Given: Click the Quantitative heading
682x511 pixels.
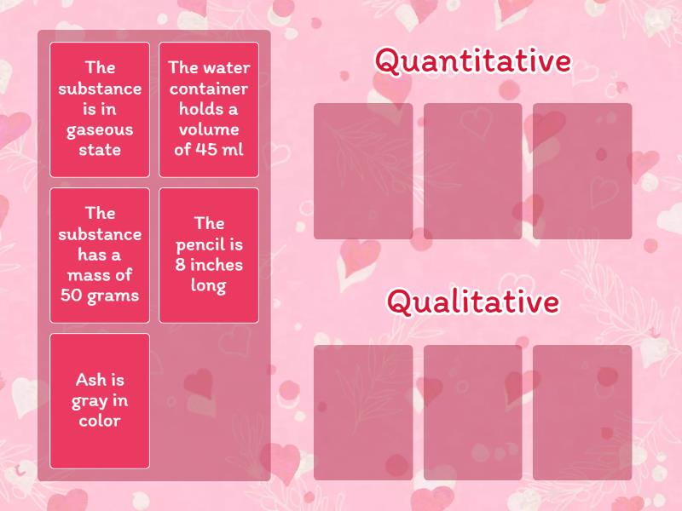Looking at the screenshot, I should tap(472, 62).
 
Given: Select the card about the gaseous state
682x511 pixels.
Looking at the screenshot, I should tap(100, 109).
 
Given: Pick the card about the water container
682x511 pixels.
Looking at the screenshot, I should tap(209, 109).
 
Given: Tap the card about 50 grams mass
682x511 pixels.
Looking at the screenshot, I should tap(100, 255).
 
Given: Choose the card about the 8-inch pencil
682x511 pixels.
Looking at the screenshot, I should tap(209, 255).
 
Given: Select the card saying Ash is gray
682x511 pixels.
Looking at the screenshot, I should tap(100, 400).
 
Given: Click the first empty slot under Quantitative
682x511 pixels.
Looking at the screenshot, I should tap(363, 171).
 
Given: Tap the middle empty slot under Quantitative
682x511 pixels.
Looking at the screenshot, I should tap(472, 171).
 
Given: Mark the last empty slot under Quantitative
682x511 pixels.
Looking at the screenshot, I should tap(582, 171).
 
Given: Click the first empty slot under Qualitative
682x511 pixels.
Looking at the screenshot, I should tap(363, 412).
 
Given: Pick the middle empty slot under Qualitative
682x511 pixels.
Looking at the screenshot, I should tap(472, 412).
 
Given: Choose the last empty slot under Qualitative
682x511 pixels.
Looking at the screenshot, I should tap(582, 412).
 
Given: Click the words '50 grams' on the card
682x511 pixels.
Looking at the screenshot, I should tap(100, 296).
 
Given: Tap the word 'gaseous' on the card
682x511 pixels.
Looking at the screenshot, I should tap(100, 129).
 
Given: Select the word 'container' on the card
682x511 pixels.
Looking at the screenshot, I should tap(209, 89).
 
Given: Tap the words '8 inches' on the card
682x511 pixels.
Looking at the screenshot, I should tap(209, 265).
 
